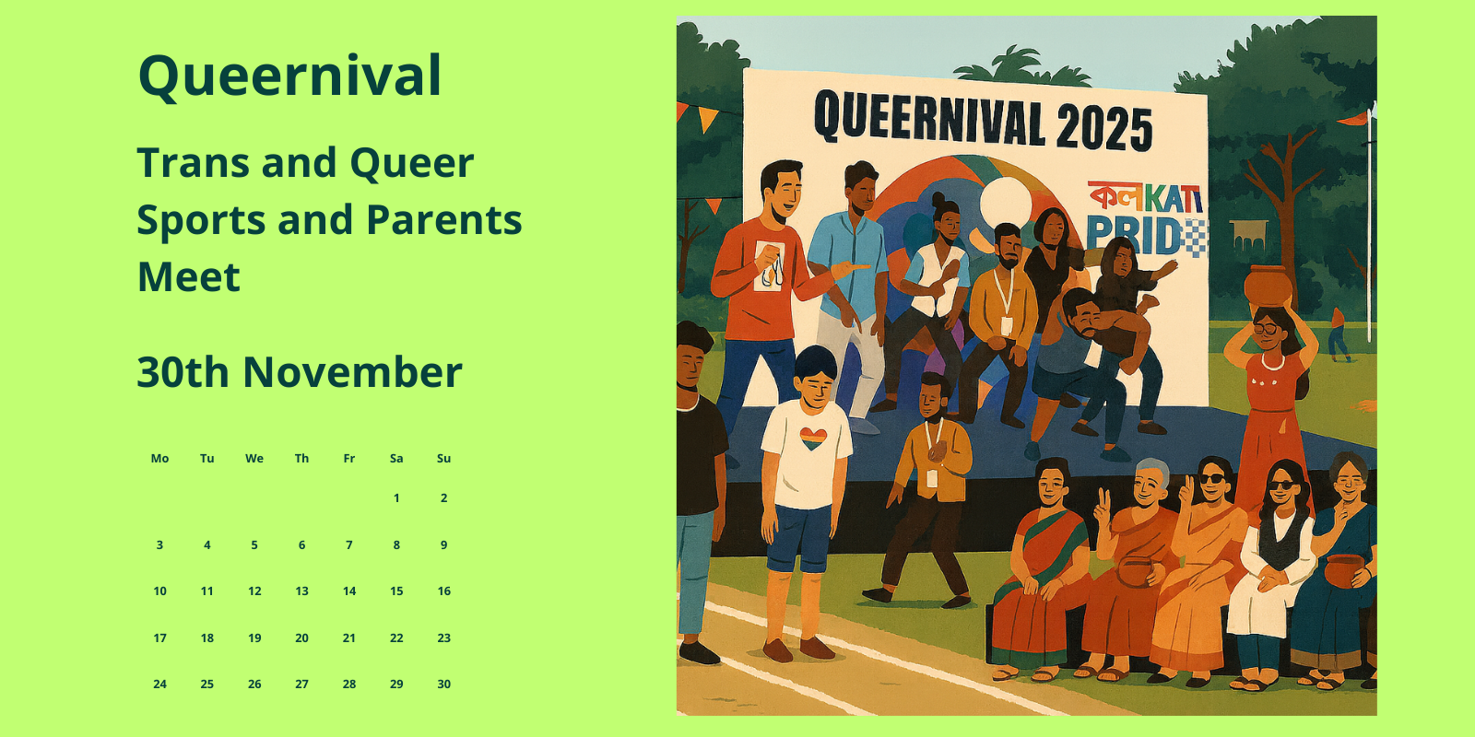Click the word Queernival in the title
click(x=289, y=76)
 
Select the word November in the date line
click(x=352, y=372)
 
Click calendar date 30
click(x=443, y=684)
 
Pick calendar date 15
click(x=396, y=591)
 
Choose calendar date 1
click(x=396, y=498)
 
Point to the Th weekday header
click(x=301, y=459)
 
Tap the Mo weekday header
click(x=160, y=459)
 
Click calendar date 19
click(x=254, y=638)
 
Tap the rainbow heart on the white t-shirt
click(x=813, y=439)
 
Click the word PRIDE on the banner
click(x=1147, y=236)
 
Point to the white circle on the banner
click(x=1006, y=203)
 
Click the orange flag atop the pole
click(x=1353, y=119)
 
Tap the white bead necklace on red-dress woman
click(x=1272, y=363)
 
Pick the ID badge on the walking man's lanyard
click(x=932, y=478)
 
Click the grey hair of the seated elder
click(x=1151, y=469)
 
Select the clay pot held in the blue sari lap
click(x=1345, y=571)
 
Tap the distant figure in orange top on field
click(x=1338, y=335)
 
